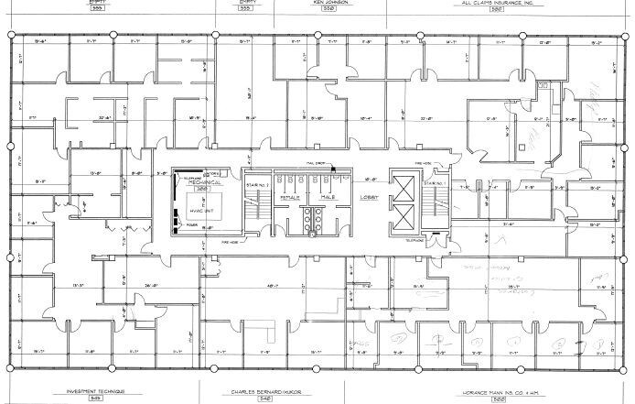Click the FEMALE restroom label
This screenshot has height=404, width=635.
click(x=291, y=196)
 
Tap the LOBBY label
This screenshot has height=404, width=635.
click(x=369, y=196)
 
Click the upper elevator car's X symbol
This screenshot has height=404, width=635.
click(x=401, y=184)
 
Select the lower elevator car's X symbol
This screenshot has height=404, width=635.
click(x=401, y=216)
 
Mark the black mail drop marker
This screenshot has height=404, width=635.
click(x=334, y=168)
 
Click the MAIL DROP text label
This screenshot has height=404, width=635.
click(x=317, y=165)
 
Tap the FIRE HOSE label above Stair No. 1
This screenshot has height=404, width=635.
click(x=422, y=166)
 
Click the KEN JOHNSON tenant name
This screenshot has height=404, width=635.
click(x=330, y=3)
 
